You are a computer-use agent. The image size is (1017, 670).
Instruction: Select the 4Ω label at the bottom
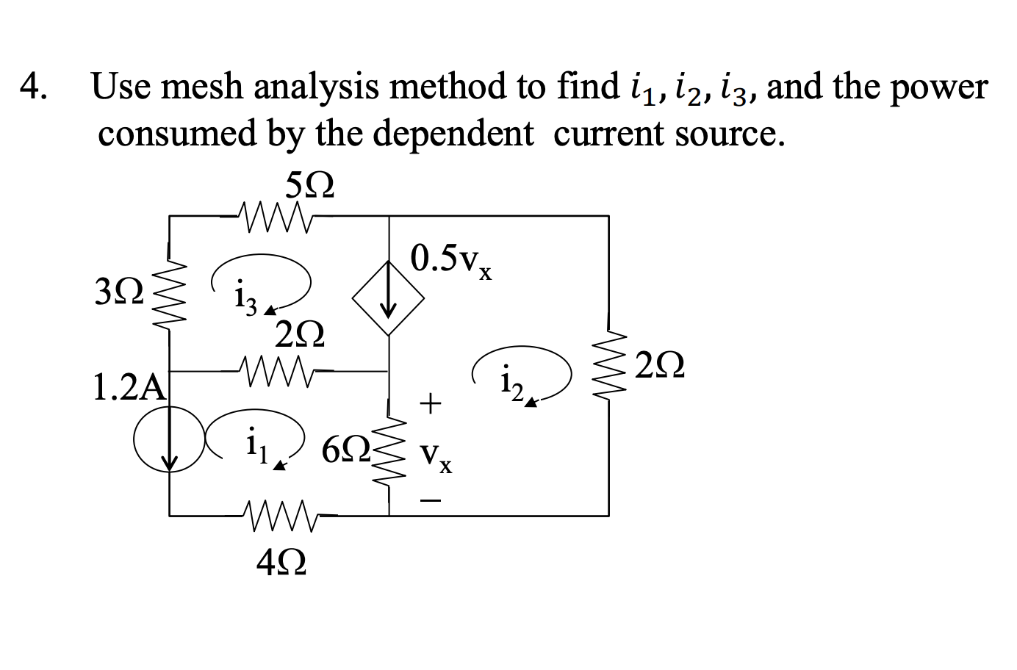tap(281, 563)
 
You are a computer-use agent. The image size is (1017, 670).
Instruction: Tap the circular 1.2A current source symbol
tap(170, 443)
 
